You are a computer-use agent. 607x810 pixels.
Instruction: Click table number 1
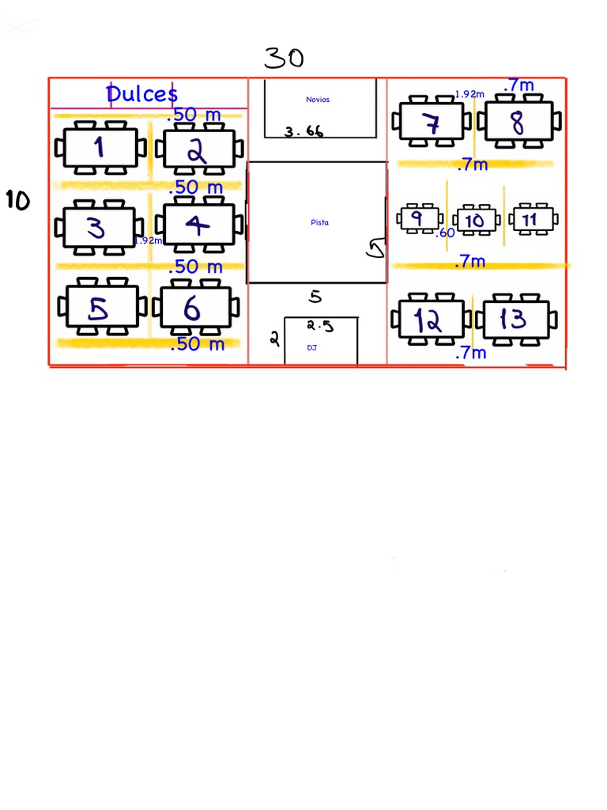100,148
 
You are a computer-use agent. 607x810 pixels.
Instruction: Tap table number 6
194,308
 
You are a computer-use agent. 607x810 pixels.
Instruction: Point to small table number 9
418,218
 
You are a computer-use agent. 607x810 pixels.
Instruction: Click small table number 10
476,220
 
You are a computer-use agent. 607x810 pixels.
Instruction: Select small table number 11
530,218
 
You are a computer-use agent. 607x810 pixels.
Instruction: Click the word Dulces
142,94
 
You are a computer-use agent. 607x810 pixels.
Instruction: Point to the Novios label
318,100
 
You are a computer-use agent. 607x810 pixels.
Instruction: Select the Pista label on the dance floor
319,222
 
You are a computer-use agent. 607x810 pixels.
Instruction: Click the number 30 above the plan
284,58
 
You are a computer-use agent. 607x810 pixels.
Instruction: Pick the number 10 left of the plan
17,201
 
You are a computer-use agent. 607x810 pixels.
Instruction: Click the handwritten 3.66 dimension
304,132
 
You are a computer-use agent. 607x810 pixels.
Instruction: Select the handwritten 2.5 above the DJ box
321,325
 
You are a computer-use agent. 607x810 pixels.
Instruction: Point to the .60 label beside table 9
445,233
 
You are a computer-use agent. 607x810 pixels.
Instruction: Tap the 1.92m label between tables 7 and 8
469,94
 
